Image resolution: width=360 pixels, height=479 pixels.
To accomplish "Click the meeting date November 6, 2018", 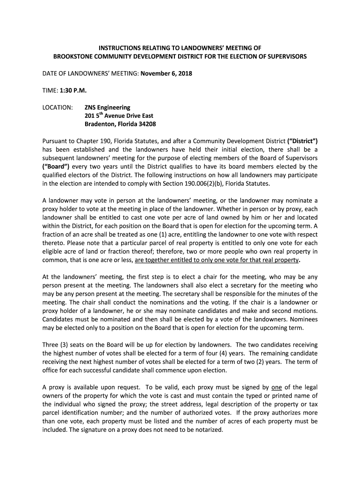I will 167,73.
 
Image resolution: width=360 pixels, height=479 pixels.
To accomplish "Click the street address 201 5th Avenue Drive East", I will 119,116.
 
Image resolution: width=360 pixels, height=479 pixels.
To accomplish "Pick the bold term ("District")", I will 302,141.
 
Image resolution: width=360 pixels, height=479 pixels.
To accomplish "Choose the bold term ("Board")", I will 58,167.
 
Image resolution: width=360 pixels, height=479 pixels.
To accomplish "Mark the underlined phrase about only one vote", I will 216,260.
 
